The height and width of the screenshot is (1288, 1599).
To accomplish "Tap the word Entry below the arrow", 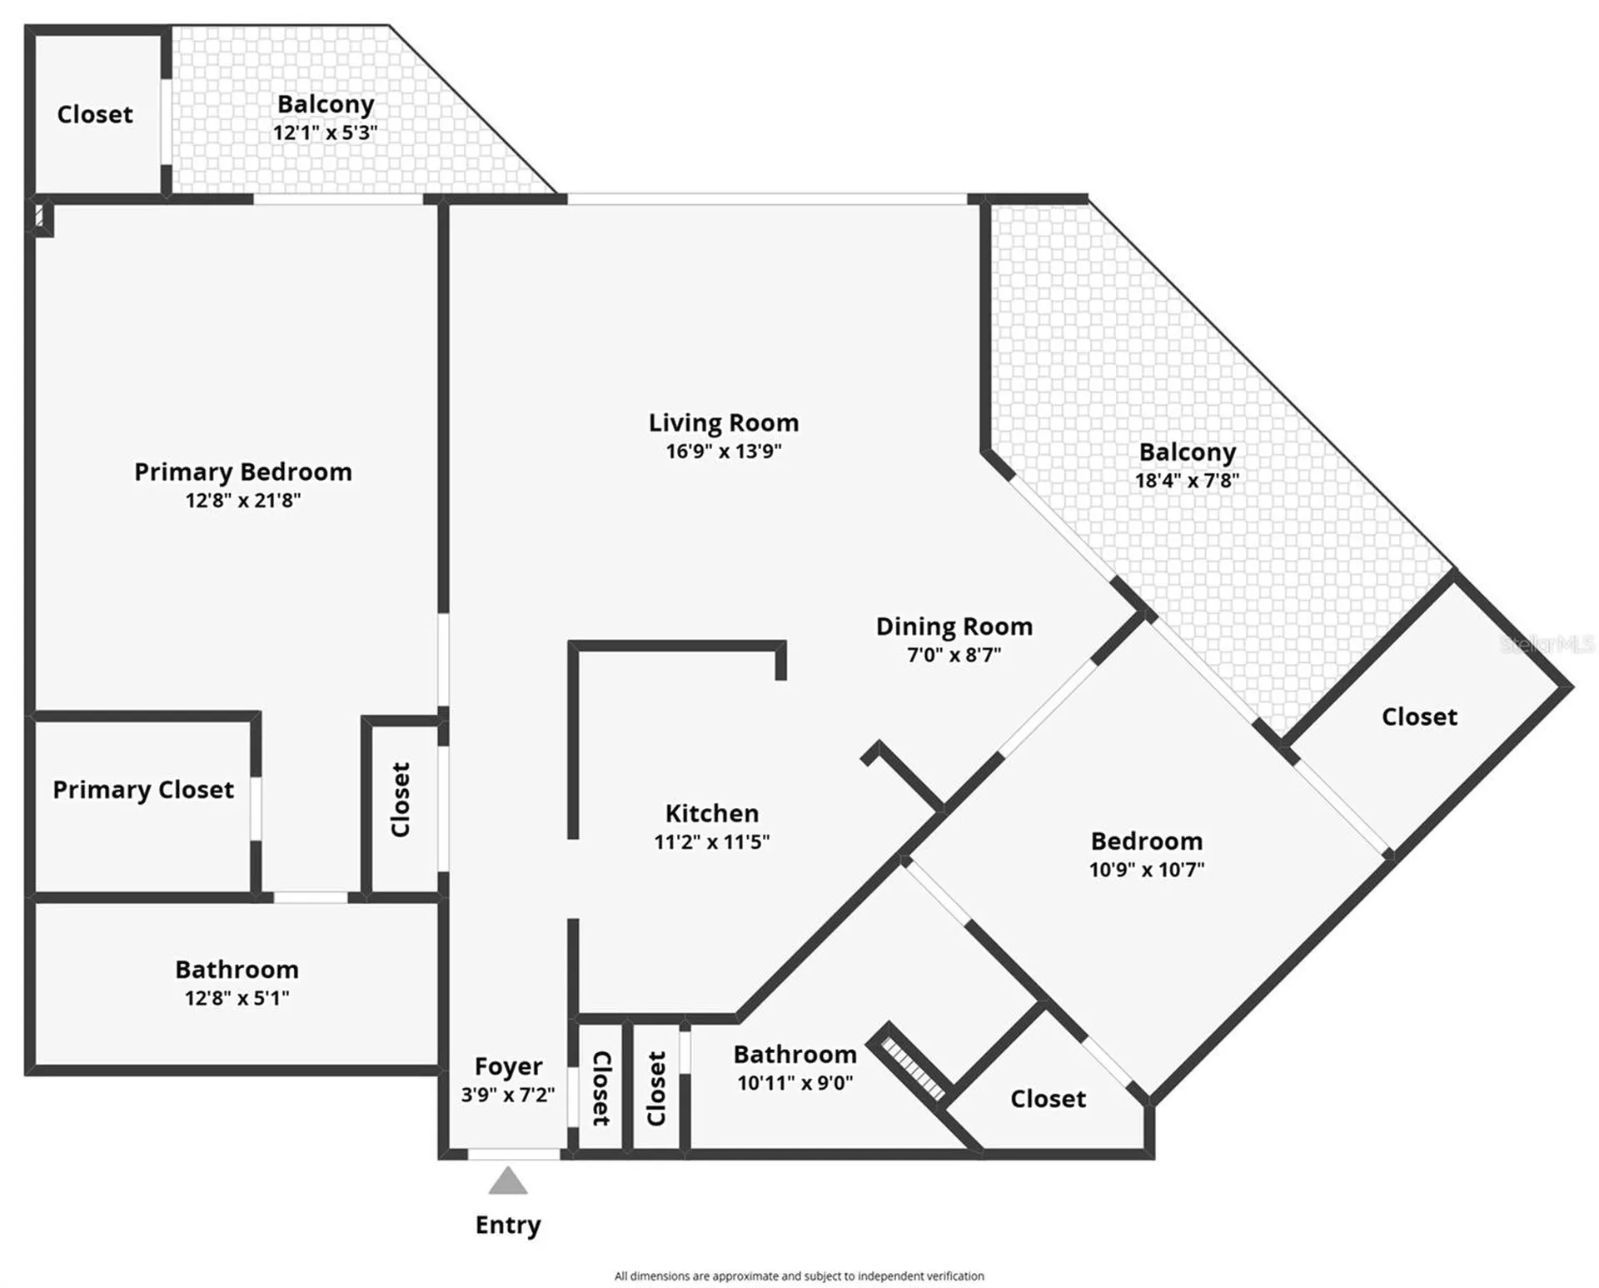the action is coord(508,1226).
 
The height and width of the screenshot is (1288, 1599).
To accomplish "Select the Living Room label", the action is coord(724,423).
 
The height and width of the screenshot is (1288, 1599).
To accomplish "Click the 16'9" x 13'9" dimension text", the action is coord(724,452).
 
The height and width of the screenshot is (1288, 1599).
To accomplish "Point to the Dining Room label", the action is coord(954,627).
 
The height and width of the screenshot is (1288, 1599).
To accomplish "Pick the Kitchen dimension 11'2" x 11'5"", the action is coord(712,841).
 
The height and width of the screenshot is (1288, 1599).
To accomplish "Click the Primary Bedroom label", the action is coord(243,472).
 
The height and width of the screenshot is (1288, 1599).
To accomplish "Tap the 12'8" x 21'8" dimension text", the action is coord(243,500).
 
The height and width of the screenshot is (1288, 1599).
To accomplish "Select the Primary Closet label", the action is coord(143,790).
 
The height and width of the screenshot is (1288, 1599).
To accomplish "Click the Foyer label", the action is coord(508,1067).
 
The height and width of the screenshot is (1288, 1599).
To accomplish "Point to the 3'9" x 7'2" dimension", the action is coord(508,1095).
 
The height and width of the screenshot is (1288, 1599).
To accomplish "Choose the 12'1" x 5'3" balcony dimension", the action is coord(326,132).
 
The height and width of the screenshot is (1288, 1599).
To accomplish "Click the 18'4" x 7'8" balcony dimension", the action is coord(1188,480).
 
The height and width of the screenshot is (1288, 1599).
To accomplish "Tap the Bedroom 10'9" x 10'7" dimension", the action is coord(1147,870).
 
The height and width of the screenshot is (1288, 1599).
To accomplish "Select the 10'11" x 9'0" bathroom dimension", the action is coord(795,1083).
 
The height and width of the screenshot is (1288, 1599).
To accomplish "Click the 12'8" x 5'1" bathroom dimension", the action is coord(237,998).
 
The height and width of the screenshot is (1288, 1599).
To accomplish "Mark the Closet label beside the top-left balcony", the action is coord(95,114).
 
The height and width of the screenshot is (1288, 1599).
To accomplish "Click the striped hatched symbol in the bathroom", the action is coord(914,1069).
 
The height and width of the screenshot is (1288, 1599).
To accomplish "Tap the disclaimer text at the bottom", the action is coord(799,1276).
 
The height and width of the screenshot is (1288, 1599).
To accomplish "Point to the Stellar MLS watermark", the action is coord(1547,644).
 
